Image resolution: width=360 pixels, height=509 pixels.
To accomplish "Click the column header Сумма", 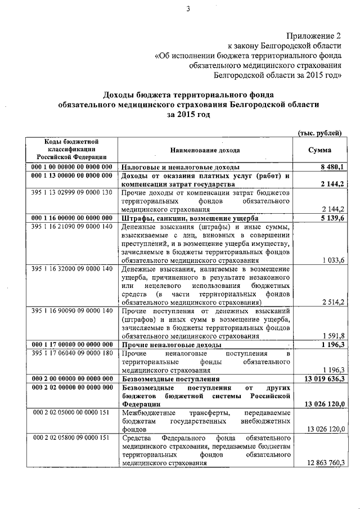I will [x=320, y=150].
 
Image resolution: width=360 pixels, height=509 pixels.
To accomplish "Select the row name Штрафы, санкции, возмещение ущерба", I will [x=190, y=218].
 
